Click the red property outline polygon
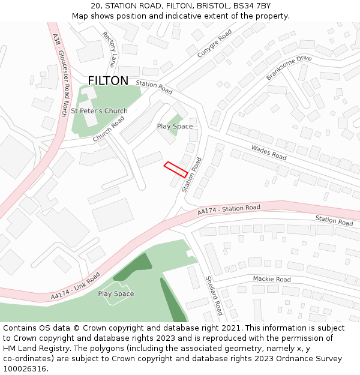pyautogui.click(x=176, y=169)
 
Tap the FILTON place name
pyautogui.click(x=108, y=81)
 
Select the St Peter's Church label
pyautogui.click(x=99, y=111)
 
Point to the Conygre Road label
pyautogui.click(x=214, y=44)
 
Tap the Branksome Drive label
pyautogui.click(x=289, y=67)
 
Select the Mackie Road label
pyautogui.click(x=271, y=279)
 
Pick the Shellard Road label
pyautogui.click(x=214, y=295)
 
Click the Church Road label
pyautogui.click(x=109, y=129)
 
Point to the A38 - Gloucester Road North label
pyautogui.click(x=61, y=65)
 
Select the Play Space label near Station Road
pyautogui.click(x=175, y=127)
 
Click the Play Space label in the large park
pyautogui.click(x=116, y=294)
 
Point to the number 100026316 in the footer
pyautogui.click(x=24, y=368)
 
